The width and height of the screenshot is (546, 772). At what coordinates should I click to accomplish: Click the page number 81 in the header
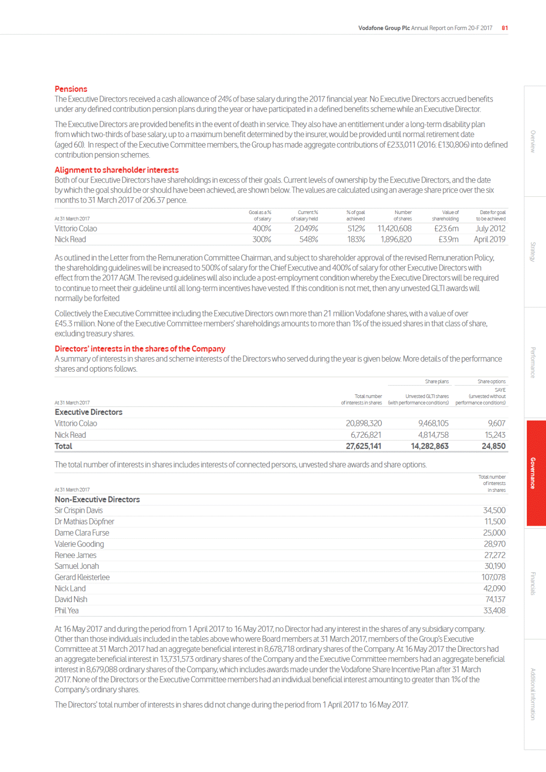[x=505, y=28]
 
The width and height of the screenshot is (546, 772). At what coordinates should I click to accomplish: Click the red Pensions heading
[x=71, y=89]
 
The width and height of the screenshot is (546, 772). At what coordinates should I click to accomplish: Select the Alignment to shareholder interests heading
[x=117, y=170]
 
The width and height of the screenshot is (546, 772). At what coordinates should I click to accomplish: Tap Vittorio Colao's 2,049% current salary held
[x=306, y=229]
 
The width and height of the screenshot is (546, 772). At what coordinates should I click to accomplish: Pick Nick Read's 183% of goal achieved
[x=356, y=240]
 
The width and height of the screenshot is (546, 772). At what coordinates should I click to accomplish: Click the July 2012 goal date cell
[x=490, y=229]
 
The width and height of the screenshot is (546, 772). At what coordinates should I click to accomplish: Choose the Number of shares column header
[x=403, y=215]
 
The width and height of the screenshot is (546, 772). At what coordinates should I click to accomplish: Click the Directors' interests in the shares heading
[x=140, y=349]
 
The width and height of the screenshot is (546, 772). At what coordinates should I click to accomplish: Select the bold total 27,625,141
[x=363, y=446]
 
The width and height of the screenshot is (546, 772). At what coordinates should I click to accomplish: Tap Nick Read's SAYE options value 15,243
[x=495, y=435]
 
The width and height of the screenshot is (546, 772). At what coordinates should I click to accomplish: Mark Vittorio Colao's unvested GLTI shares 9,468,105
[x=433, y=424]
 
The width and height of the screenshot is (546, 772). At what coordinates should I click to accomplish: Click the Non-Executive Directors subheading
[x=97, y=500]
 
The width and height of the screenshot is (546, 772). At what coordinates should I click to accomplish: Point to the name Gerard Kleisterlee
[x=82, y=578]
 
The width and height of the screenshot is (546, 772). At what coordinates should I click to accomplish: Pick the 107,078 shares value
[x=493, y=578]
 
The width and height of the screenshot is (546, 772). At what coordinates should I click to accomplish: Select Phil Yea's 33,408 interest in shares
[x=494, y=611]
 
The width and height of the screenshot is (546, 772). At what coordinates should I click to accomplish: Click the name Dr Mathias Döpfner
[x=84, y=522]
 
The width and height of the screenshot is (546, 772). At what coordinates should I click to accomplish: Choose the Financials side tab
[x=533, y=583]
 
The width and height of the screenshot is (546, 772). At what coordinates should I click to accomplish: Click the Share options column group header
[x=491, y=382]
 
